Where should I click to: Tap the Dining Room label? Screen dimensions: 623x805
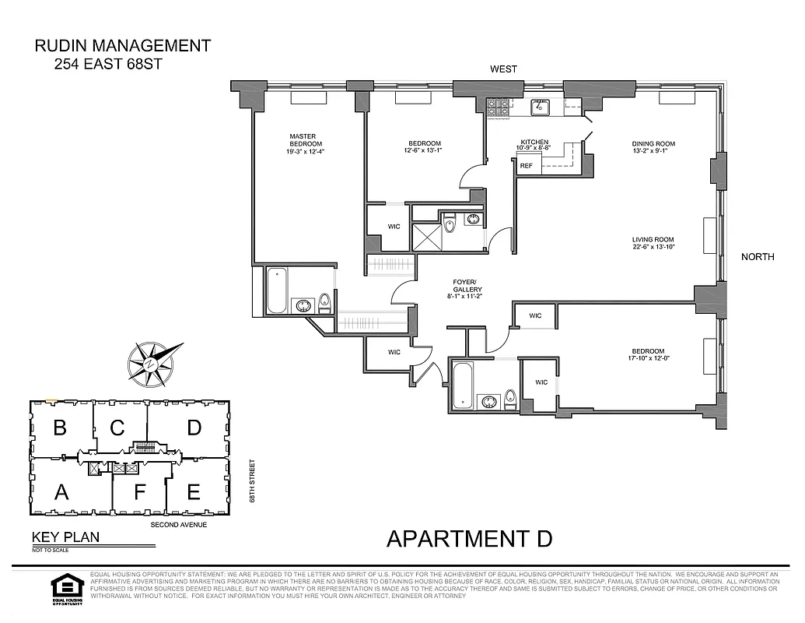click(653, 144)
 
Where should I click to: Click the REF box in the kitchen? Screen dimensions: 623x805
click(527, 166)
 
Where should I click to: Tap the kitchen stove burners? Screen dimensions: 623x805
click(498, 107)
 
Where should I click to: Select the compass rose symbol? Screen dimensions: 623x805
click(155, 364)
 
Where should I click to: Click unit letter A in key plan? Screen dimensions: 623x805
click(59, 491)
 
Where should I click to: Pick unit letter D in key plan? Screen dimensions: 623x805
click(194, 428)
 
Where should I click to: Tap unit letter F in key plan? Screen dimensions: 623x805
click(140, 492)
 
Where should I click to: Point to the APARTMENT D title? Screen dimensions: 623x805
click(469, 538)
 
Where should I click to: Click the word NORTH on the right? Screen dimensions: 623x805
click(757, 257)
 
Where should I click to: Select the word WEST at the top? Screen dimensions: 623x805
click(503, 69)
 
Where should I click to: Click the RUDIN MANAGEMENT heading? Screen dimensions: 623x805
click(123, 46)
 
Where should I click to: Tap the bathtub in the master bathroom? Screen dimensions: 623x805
click(278, 290)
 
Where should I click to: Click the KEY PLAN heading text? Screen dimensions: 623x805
click(65, 537)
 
